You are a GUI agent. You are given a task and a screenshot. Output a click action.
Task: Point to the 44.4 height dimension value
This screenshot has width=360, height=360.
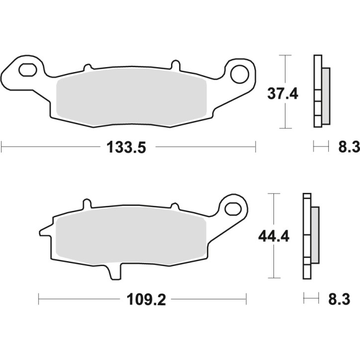point(273,237)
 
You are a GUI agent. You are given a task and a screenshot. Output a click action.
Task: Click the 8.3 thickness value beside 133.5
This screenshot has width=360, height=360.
point(348,147)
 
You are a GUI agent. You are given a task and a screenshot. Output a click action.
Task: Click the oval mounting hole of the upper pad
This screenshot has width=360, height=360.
point(28,70)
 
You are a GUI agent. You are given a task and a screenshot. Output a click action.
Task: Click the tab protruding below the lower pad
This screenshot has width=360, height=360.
point(113,272)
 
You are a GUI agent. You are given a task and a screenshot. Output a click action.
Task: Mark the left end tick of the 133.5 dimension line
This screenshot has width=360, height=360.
point(2,147)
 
